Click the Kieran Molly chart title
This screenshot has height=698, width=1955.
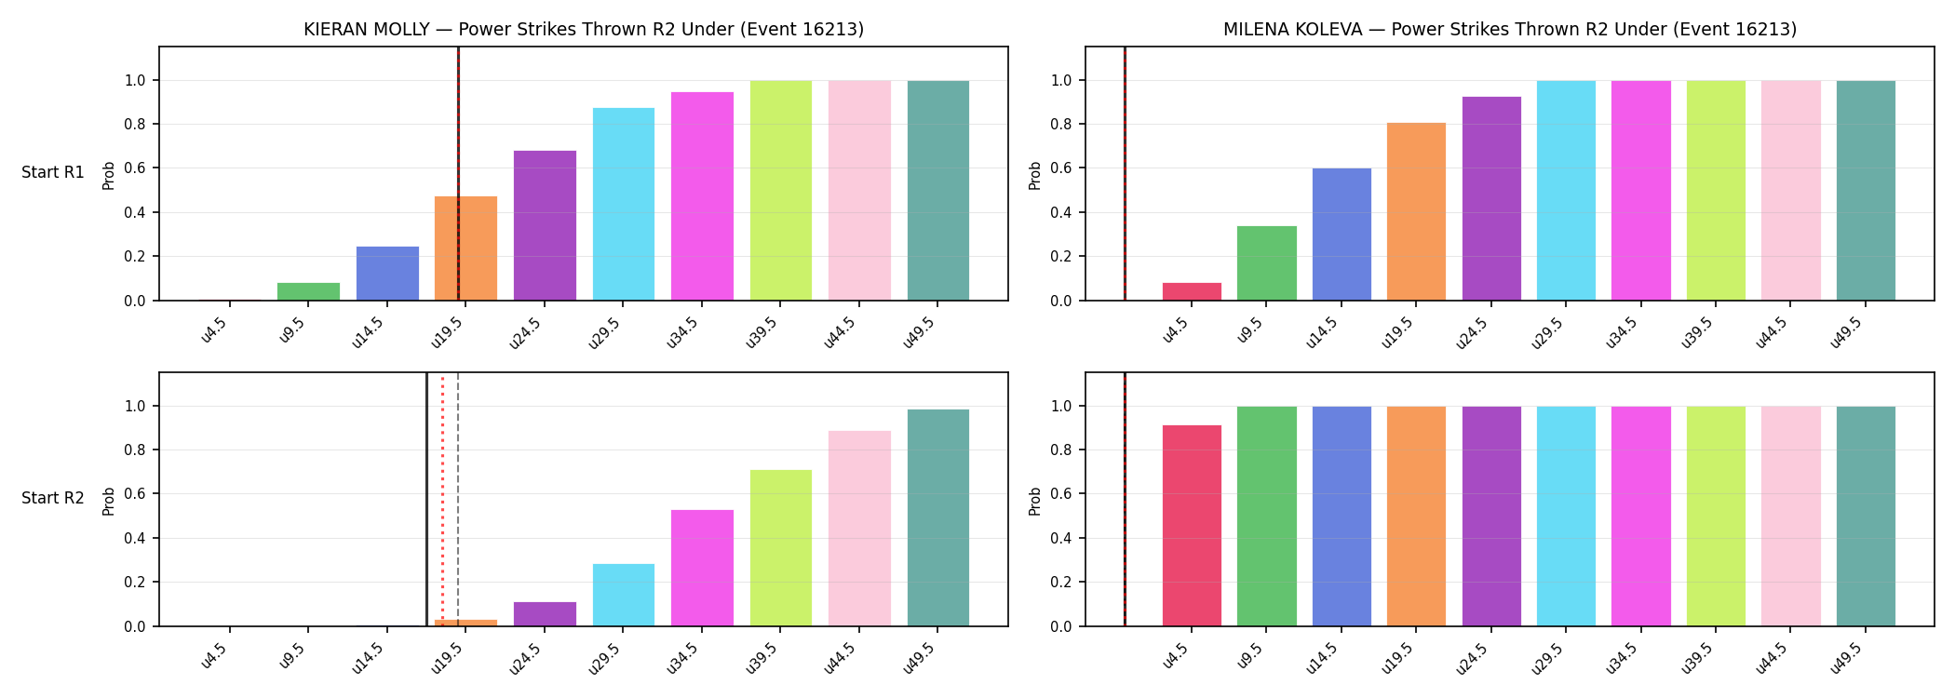click(x=584, y=30)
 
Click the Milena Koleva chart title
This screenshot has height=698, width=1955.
click(x=1510, y=30)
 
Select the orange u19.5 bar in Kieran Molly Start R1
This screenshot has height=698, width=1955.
click(x=465, y=248)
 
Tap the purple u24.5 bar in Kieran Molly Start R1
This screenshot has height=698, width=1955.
click(x=545, y=225)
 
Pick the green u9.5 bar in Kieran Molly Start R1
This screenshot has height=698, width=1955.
click(x=308, y=291)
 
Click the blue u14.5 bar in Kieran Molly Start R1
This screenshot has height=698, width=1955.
click(x=387, y=274)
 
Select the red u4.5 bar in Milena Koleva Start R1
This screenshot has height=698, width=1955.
click(x=1192, y=291)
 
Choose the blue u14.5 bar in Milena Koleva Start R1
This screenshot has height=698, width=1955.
click(x=1342, y=235)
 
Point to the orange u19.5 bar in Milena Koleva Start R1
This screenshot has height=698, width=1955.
click(x=1416, y=211)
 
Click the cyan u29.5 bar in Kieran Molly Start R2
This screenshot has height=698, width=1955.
click(x=624, y=595)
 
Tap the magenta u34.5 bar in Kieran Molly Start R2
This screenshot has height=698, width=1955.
click(x=702, y=568)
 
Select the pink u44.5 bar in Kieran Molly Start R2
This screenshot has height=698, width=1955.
click(x=859, y=529)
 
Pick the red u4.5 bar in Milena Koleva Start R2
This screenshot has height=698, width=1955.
click(x=1192, y=526)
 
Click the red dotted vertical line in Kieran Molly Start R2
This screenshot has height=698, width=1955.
click(x=442, y=500)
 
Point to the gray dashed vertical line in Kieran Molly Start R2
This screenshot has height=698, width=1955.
click(x=458, y=500)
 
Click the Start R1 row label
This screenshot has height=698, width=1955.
click(x=53, y=173)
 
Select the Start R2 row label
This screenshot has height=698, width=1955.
click(x=53, y=499)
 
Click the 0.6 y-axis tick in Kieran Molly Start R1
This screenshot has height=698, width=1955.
click(x=135, y=168)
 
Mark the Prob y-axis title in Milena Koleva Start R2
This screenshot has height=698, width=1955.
click(x=1035, y=501)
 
